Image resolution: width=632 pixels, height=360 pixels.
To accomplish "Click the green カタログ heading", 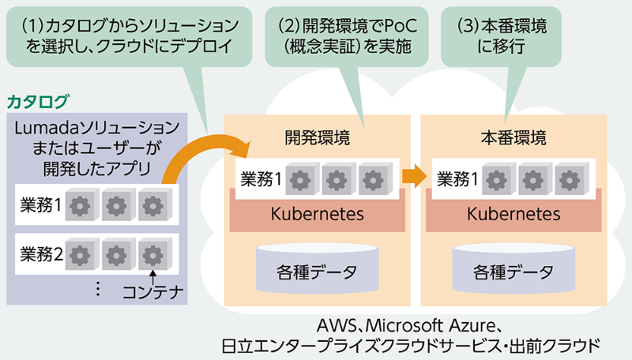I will click(x=38, y=101).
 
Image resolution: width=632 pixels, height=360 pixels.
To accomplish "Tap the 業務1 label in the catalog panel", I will click(x=40, y=206).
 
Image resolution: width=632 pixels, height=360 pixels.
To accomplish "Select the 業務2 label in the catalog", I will click(x=41, y=254).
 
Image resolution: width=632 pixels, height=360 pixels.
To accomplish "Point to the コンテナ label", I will click(x=152, y=294).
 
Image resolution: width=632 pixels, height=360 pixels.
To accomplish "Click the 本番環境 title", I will click(x=513, y=137).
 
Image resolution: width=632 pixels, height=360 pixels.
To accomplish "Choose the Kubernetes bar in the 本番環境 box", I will click(x=513, y=214).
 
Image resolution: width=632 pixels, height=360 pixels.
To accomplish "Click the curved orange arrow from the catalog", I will click(x=197, y=154).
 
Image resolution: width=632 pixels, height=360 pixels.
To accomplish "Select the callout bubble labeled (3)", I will click(x=502, y=35).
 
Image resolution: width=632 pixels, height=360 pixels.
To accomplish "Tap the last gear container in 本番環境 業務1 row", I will click(x=567, y=178).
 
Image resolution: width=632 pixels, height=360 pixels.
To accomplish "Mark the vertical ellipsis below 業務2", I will click(x=98, y=289).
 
